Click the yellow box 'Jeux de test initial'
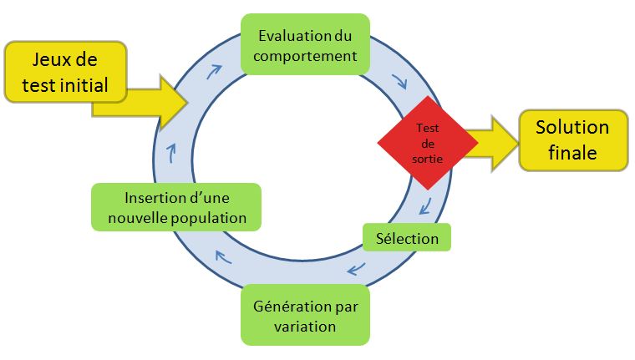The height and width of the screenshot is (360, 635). (65, 72)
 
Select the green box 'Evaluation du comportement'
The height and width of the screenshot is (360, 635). (304, 45)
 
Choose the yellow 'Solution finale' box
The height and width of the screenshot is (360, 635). (572, 140)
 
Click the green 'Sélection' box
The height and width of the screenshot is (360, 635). (407, 238)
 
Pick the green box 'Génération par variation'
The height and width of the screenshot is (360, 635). (304, 315)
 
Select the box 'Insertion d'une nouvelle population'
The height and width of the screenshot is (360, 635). (175, 207)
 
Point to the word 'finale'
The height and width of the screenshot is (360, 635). (572, 153)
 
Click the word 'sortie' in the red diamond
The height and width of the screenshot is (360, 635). (427, 157)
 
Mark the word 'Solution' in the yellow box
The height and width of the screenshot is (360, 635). (572, 128)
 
